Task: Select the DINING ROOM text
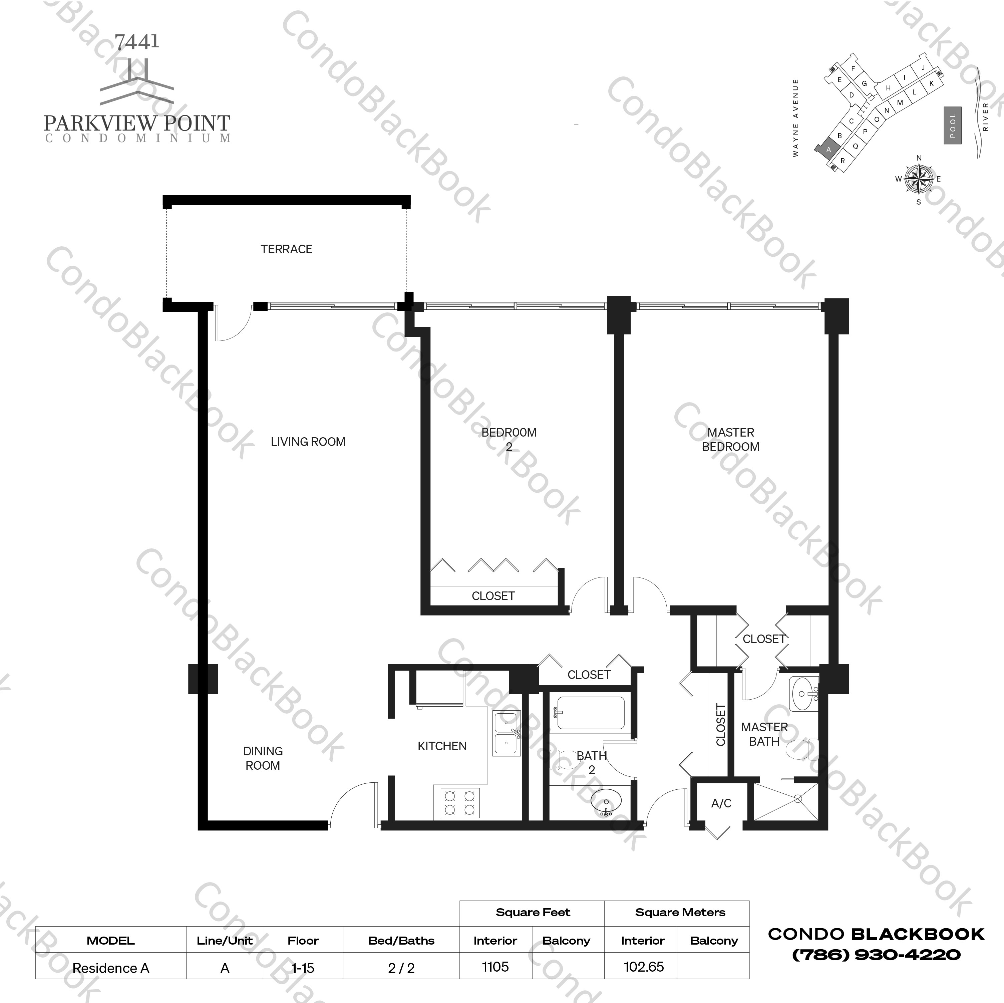(x=263, y=758)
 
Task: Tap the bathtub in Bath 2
(x=590, y=713)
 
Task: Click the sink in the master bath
(x=804, y=694)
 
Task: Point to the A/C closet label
(x=721, y=803)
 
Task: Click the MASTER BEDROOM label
(x=731, y=439)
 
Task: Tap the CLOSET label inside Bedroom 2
(x=493, y=596)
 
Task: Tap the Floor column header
(x=303, y=940)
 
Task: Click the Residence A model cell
(x=111, y=968)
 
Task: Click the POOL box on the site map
(x=953, y=125)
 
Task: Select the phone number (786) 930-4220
(x=876, y=955)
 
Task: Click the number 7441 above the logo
(x=137, y=42)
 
